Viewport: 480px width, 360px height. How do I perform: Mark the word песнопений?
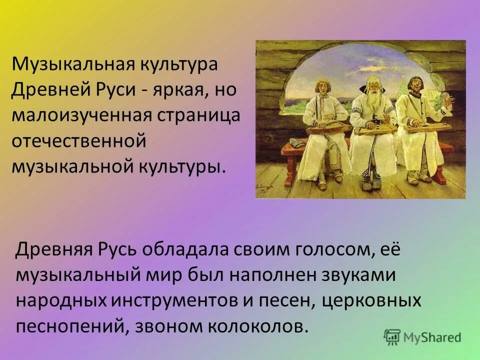coord(65,326)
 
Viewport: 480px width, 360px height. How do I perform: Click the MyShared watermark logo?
coord(422,337)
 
